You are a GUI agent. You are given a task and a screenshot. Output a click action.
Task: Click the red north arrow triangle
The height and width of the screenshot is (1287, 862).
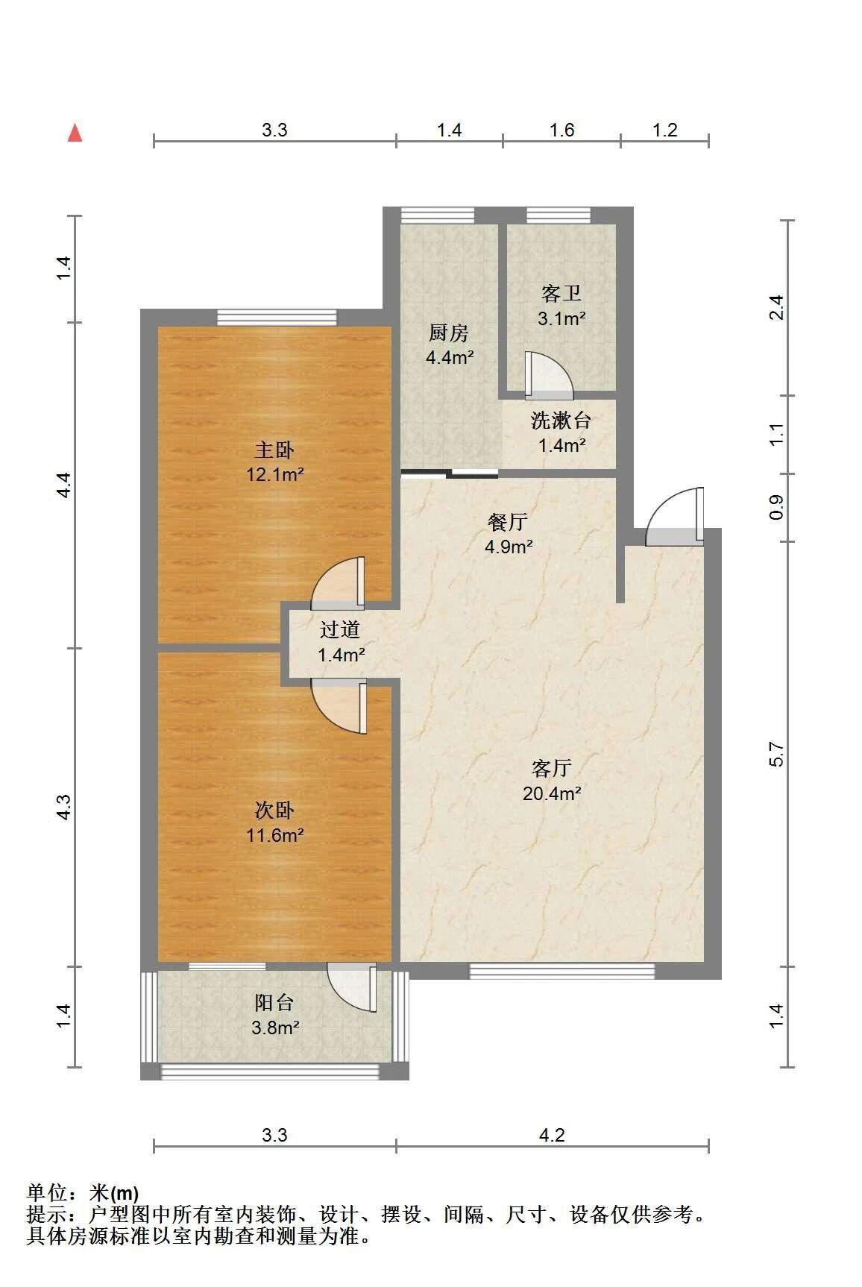click(x=75, y=133)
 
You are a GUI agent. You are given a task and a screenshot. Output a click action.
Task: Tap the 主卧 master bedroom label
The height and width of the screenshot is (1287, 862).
click(x=274, y=450)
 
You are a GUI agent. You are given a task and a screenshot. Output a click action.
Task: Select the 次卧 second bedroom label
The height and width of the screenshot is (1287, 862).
click(x=274, y=810)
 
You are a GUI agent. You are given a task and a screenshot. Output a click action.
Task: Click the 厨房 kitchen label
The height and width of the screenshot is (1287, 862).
click(x=449, y=333)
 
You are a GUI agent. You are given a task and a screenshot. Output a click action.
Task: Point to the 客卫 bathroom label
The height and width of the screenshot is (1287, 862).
click(x=561, y=294)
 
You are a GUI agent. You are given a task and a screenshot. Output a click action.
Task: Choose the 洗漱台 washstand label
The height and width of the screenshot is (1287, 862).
click(x=561, y=421)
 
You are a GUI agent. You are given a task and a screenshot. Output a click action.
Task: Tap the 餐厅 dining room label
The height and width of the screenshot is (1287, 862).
click(x=508, y=522)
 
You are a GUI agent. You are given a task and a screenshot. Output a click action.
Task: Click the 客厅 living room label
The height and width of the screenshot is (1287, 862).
click(x=552, y=767)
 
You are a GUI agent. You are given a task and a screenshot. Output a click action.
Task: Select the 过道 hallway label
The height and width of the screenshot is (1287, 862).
click(x=340, y=630)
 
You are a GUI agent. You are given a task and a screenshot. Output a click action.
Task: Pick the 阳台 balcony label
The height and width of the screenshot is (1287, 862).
click(x=274, y=1003)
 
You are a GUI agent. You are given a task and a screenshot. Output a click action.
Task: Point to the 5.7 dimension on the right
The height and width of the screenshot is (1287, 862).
click(x=777, y=754)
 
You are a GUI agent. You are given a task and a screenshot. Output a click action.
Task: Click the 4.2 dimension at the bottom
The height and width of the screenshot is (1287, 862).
click(x=552, y=1135)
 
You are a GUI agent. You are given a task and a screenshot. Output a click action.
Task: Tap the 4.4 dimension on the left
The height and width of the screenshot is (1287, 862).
click(x=64, y=485)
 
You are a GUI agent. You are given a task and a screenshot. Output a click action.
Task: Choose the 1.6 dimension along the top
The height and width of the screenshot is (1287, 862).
click(x=561, y=130)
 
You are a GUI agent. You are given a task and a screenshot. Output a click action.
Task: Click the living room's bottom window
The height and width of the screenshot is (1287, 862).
click(x=561, y=971)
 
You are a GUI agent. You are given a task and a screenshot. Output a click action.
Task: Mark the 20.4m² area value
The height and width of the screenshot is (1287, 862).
click(x=552, y=793)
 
